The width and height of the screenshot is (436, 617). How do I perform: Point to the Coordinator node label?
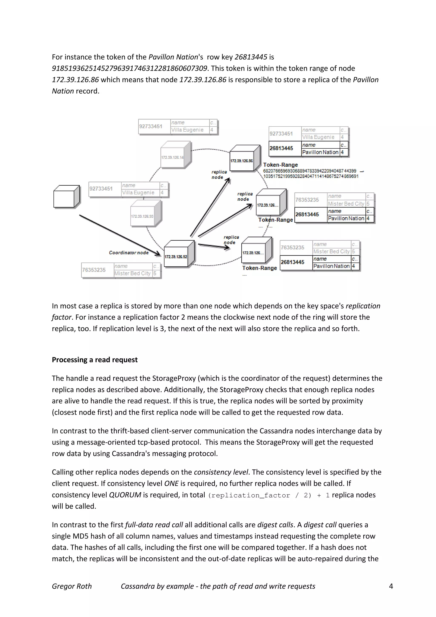click(129, 253)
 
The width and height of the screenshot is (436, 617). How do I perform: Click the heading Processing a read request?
click(95, 360)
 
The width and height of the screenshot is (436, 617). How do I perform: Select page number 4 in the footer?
click(391, 586)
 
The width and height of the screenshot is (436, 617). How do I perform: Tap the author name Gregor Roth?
click(72, 586)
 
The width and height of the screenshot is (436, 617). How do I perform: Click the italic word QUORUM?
click(125, 495)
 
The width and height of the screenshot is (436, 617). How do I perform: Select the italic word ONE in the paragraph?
click(171, 484)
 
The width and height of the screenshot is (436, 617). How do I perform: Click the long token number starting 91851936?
click(129, 68)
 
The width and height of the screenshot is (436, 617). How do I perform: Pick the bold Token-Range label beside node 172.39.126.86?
click(280, 165)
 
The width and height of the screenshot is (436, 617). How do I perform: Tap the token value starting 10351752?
click(311, 176)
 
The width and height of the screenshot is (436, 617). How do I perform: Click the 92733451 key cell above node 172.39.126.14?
click(151, 126)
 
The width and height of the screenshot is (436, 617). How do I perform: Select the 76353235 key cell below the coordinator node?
click(94, 270)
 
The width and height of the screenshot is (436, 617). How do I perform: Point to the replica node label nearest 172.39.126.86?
click(219, 174)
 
